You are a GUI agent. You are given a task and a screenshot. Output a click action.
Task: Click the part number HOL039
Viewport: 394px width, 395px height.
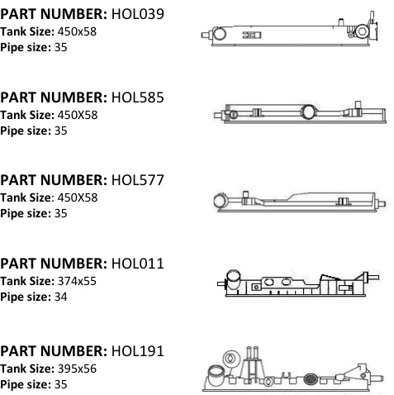pos(137,14)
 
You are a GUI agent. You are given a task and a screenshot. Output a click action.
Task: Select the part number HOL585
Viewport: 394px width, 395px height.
pos(137,98)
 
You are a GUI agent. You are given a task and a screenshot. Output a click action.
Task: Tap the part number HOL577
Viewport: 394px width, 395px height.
pos(137,180)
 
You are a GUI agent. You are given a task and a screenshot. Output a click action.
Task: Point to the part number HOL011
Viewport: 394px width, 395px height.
pos(137,264)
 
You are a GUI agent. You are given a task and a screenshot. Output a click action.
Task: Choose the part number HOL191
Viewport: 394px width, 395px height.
pos(137,351)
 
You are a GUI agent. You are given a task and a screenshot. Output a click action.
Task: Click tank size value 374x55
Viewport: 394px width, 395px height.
pos(77,281)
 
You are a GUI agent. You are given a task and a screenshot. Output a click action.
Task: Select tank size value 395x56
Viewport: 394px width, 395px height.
pos(77,369)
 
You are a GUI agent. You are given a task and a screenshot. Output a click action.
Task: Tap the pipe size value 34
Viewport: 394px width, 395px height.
pos(61,297)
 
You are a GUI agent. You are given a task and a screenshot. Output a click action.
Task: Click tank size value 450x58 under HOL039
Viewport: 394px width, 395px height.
pos(77,31)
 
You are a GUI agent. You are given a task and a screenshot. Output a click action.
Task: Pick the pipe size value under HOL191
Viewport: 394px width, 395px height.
pos(61,384)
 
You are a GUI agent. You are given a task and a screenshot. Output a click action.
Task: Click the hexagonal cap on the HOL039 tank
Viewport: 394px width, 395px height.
pos(362,31)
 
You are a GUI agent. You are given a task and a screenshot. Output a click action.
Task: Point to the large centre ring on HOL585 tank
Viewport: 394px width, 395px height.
pos(308,112)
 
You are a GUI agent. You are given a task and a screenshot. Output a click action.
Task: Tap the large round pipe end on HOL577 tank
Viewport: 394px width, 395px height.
pos(220,201)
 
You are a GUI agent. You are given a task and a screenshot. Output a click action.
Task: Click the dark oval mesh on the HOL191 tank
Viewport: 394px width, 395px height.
pos(311,379)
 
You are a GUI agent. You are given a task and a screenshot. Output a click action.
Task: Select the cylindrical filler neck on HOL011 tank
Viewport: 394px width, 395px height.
pos(233,279)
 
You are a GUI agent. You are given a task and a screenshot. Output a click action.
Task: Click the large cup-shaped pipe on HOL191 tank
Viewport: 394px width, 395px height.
pos(216,375)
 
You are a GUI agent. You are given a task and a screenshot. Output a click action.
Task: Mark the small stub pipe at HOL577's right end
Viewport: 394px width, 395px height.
pos(382,203)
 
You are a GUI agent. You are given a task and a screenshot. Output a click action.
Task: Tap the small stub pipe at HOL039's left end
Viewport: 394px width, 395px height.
pos(206,35)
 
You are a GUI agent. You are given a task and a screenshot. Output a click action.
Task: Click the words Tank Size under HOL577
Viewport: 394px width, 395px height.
pos(26,197)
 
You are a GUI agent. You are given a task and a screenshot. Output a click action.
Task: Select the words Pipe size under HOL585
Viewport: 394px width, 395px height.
pos(26,131)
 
